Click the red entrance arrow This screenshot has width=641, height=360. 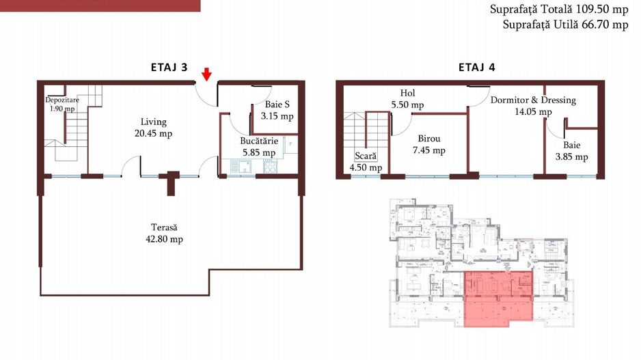[207, 74]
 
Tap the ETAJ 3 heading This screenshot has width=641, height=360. [169, 67]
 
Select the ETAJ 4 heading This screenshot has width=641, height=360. [477, 67]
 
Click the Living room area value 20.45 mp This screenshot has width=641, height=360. [153, 133]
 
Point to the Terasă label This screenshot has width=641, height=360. [164, 227]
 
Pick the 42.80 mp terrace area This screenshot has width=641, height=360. [164, 239]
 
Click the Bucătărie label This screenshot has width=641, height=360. [259, 141]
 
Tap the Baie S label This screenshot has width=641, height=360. [277, 105]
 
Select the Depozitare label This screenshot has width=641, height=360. [62, 100]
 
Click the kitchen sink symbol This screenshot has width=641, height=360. [241, 166]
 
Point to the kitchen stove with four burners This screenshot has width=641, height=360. [270, 166]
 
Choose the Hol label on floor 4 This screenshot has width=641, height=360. [407, 93]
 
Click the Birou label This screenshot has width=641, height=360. [429, 139]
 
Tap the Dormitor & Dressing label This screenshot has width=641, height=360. [533, 100]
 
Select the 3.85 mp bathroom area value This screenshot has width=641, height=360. [571, 156]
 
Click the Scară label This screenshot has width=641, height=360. [366, 156]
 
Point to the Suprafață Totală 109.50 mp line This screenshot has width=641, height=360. [559, 9]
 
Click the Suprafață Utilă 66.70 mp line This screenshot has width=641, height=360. [565, 25]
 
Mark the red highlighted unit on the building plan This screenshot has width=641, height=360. [499, 299]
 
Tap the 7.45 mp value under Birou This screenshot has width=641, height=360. [429, 150]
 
